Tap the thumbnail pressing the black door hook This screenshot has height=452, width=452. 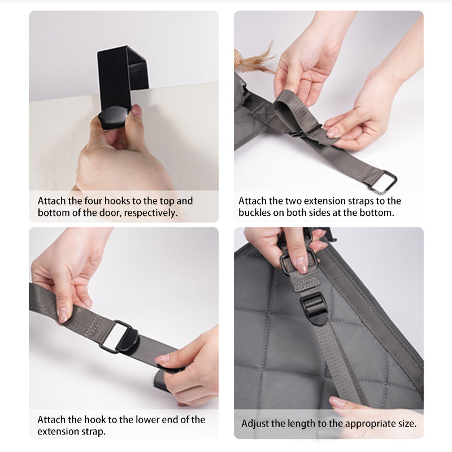137,110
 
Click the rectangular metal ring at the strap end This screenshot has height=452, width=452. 383,181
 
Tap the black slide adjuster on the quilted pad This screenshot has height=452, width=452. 314,308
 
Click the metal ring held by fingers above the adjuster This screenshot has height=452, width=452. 299,260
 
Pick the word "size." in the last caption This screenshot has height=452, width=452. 406,424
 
